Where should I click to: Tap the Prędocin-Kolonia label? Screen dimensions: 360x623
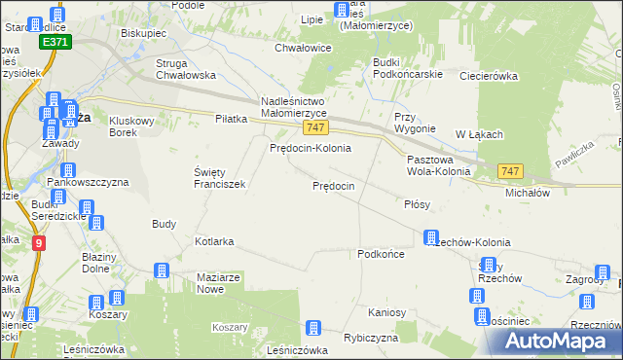(310, 148)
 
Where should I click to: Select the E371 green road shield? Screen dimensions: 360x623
(55, 44)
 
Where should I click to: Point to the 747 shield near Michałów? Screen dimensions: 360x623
(510, 171)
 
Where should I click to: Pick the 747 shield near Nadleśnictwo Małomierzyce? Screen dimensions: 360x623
(313, 127)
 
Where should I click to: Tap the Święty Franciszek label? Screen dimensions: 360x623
(219, 177)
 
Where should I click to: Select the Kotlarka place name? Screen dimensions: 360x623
(215, 240)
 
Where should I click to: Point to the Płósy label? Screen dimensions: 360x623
(417, 205)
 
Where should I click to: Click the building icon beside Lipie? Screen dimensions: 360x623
(342, 11)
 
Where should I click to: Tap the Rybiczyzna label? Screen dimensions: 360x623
(371, 338)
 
